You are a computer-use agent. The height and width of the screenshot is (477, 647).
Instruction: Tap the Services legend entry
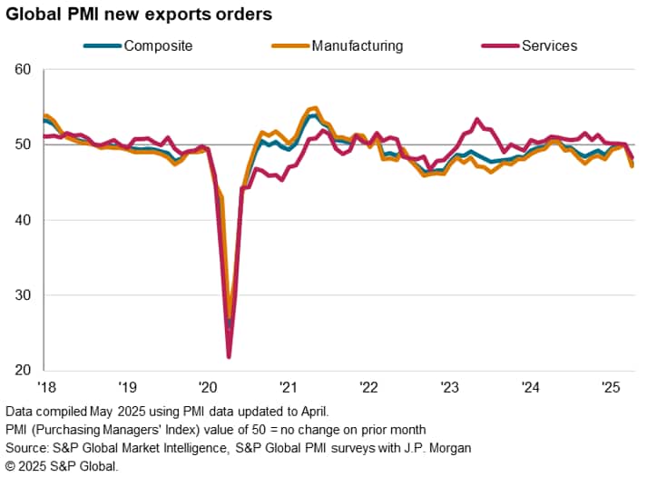point(549,45)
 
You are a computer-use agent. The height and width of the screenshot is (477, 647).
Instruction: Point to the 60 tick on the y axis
point(24,70)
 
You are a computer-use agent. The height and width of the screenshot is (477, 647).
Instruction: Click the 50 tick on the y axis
point(24,144)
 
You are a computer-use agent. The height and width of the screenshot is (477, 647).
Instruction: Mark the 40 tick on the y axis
point(24,220)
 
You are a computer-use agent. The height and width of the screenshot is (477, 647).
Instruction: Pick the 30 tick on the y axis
point(24,295)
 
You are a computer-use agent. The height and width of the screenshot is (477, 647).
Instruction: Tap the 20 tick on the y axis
point(24,370)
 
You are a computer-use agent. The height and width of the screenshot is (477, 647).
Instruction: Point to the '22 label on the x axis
point(370,386)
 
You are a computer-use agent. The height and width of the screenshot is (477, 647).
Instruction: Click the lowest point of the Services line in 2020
point(229,356)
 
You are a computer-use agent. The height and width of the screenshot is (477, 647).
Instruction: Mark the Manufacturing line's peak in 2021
point(315,107)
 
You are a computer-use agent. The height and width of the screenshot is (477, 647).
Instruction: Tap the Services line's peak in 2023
point(477,119)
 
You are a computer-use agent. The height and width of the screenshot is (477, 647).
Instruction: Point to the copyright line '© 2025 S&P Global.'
point(61,466)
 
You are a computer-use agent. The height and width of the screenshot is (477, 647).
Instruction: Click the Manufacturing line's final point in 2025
point(632,166)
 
